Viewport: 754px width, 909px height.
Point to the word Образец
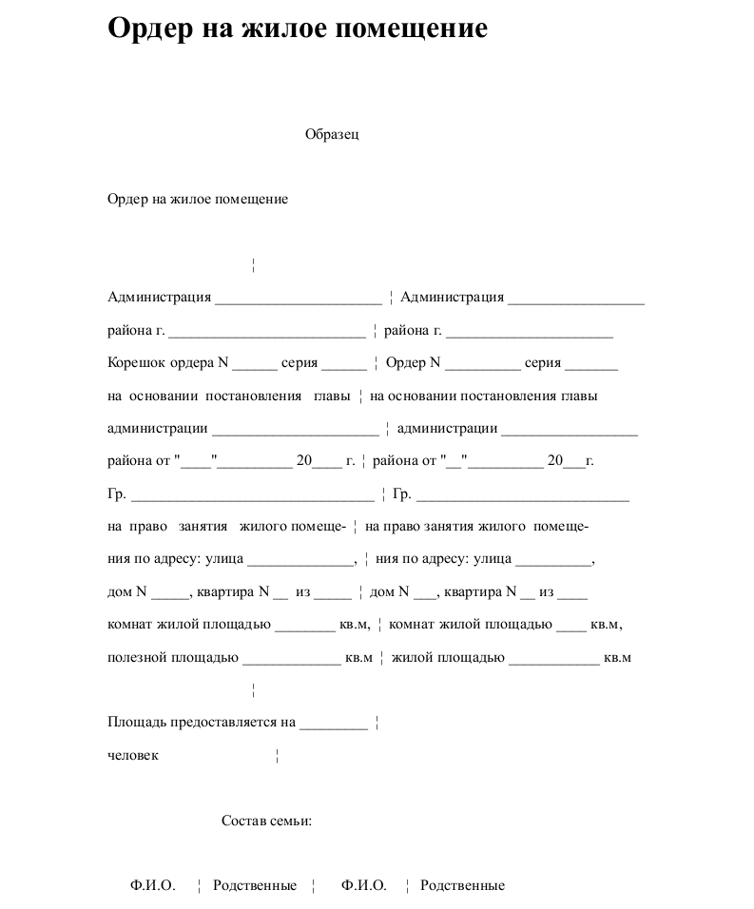tap(332, 134)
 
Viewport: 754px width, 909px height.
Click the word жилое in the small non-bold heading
tap(191, 200)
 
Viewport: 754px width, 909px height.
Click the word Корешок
tap(137, 362)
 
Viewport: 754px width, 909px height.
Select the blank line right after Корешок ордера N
tap(254, 366)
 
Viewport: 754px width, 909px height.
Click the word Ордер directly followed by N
tap(406, 362)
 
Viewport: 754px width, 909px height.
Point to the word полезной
tap(137, 657)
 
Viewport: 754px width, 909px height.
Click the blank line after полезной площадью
tap(291, 661)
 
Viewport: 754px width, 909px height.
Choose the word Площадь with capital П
tap(137, 722)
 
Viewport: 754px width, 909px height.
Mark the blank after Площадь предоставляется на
tap(333, 725)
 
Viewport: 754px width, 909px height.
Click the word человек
tap(133, 755)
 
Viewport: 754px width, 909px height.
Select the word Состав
tap(242, 821)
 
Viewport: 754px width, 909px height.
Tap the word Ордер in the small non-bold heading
tap(127, 200)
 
